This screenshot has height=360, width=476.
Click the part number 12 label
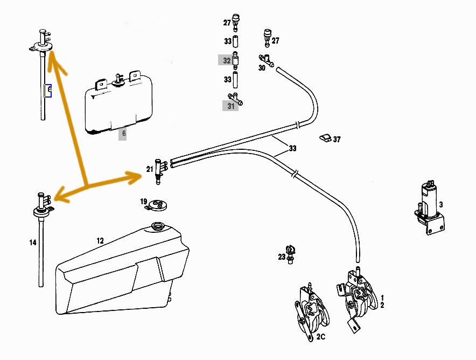point(100,240)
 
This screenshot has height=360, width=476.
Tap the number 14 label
point(33,243)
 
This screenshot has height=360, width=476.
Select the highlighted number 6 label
point(123,133)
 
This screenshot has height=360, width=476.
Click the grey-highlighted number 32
point(227,60)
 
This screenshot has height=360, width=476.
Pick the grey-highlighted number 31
point(231,106)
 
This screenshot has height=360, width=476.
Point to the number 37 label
point(337,139)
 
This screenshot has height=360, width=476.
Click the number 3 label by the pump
point(440,205)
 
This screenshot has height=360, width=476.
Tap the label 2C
point(321,337)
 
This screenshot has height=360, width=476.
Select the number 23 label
point(282,257)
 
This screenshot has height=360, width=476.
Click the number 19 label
point(144,202)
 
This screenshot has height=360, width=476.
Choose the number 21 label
point(150,169)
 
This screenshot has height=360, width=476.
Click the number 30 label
point(262,68)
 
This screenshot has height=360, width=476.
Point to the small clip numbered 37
point(324,138)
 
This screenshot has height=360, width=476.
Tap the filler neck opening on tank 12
point(158,226)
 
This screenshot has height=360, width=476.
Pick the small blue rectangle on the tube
point(48,90)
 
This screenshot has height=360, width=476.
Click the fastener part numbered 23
point(291,253)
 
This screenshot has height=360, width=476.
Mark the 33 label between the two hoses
point(292,148)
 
